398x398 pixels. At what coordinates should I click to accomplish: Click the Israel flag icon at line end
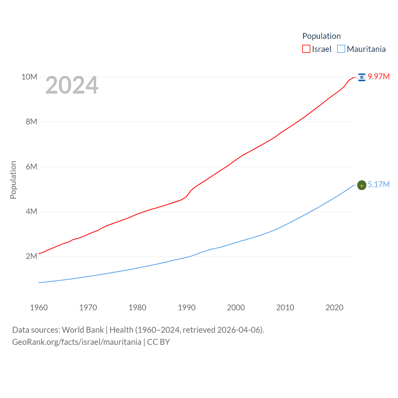(x=362, y=77)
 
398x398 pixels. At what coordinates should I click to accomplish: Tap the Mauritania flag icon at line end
(x=362, y=185)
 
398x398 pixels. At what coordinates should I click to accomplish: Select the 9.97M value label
(x=379, y=76)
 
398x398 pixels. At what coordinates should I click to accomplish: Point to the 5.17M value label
(x=379, y=184)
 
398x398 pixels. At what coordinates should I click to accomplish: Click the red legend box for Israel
(x=306, y=49)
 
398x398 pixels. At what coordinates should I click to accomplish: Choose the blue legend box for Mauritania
(x=341, y=49)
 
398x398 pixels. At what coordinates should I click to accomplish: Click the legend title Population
(x=322, y=36)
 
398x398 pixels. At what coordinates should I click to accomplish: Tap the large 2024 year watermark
(x=72, y=85)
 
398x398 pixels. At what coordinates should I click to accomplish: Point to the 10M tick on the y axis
(x=29, y=77)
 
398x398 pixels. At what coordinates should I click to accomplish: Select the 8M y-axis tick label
(x=31, y=122)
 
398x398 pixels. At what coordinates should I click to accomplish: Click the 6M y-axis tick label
(x=31, y=167)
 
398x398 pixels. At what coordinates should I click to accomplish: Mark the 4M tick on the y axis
(x=31, y=211)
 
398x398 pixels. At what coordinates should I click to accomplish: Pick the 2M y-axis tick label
(x=31, y=256)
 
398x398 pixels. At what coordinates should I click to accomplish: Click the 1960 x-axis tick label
(x=39, y=308)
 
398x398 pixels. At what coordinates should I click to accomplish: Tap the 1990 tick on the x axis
(x=187, y=308)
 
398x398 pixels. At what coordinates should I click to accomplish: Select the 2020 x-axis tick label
(x=335, y=308)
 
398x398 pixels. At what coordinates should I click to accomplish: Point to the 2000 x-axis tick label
(x=236, y=308)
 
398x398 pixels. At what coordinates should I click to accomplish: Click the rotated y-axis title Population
(x=13, y=180)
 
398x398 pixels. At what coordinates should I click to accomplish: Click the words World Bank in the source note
(x=83, y=330)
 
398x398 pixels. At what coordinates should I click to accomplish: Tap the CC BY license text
(x=159, y=342)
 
